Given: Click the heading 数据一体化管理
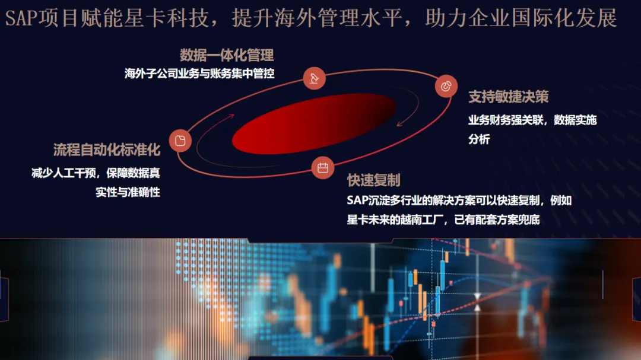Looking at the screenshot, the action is [227, 55].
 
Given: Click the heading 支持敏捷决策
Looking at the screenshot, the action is [508, 97].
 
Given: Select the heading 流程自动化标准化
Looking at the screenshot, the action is [107, 149].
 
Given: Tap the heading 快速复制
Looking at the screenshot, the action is [374, 180].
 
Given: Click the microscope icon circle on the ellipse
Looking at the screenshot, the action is [315, 78].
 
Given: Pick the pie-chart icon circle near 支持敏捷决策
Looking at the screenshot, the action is [446, 86].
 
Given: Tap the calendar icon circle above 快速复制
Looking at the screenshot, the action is [323, 167].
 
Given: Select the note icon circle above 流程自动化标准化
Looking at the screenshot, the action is [180, 141].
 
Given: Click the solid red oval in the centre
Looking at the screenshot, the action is [314, 124].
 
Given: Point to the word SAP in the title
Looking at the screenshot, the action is [21, 18].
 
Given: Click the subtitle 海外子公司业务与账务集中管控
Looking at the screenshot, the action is [199, 74].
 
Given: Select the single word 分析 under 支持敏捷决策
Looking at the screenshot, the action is [479, 139].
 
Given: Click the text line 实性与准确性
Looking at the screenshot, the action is [128, 192].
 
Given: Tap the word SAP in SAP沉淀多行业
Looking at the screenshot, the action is [357, 200].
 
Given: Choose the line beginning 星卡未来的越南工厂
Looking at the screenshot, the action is [443, 220].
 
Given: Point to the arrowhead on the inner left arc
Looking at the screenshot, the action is [231, 116].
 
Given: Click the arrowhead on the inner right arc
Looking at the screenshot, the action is [399, 123].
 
